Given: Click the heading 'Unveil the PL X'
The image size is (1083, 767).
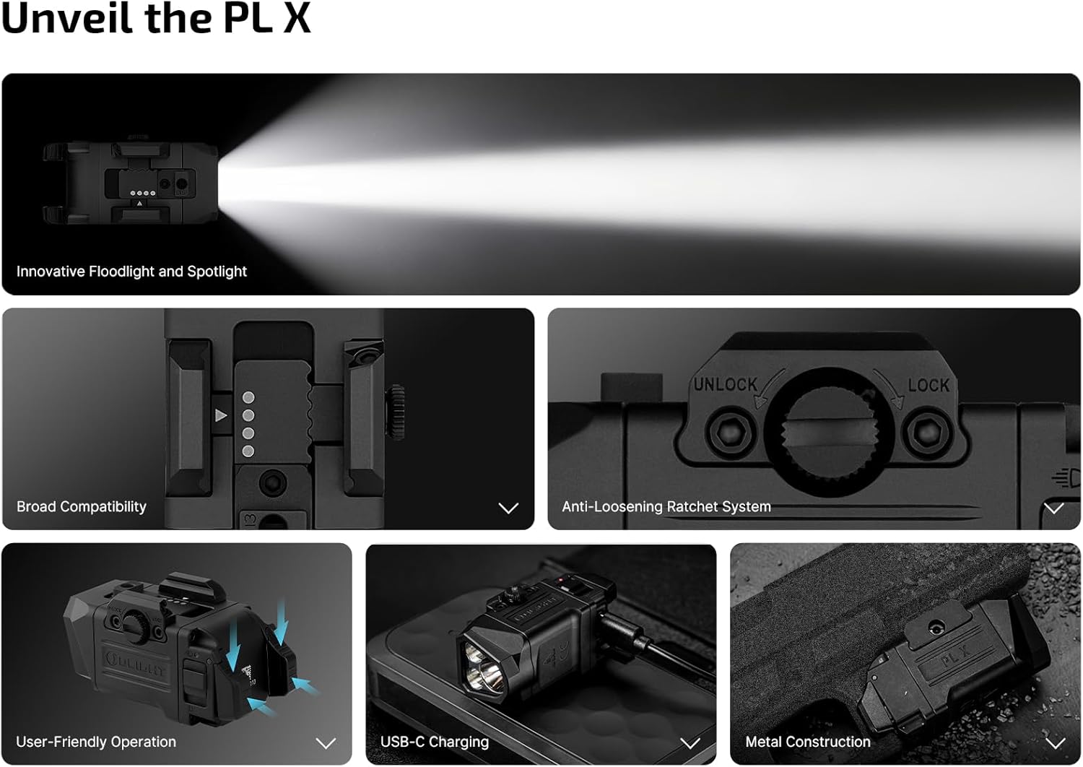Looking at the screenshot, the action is point(156,18).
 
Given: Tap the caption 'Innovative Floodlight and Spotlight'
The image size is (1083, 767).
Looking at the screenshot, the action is point(131,272).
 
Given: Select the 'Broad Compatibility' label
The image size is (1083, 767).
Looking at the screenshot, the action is point(81,507).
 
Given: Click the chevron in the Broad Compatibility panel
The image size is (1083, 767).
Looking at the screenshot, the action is point(508,508).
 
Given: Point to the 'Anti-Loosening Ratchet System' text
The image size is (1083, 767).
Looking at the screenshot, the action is point(666,507).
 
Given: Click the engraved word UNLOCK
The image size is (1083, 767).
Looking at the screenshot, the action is point(725,384).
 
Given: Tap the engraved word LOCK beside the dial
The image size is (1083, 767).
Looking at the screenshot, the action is point(928,386).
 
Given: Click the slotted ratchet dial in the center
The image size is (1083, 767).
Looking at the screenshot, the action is point(829,431).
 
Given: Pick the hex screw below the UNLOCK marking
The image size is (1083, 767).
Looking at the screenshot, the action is point(731,431).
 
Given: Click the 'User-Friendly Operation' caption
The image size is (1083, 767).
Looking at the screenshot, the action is point(96,742).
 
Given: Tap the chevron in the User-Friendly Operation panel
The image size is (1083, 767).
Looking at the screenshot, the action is point(326,743).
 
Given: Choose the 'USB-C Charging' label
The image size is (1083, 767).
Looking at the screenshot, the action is point(434,742).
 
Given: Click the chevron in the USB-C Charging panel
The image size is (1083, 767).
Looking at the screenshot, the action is point(690,743).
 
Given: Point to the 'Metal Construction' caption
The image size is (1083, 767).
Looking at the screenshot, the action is point(807,742).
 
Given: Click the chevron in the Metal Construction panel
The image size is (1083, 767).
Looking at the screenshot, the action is point(1055,743).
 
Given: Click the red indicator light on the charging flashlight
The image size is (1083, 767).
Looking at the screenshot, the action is point(561,579).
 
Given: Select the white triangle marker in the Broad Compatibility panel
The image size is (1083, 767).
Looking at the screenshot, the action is point(220,415).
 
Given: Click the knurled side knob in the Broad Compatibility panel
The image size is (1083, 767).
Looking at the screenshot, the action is point(396,412).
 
